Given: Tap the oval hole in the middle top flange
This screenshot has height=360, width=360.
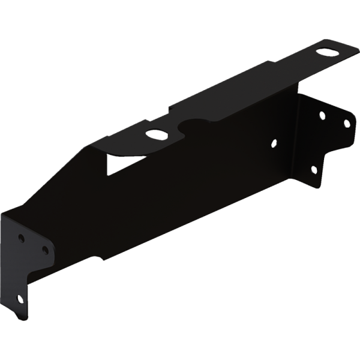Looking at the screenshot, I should pos(157,135).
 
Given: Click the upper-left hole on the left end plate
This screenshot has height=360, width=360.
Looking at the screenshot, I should pos(22,238).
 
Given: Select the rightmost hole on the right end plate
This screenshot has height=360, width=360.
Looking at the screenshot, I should pos(345,123).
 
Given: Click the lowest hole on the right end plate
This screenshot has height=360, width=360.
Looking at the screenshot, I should pos(313,170).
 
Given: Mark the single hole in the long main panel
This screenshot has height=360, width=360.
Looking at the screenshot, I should pos(274,143).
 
